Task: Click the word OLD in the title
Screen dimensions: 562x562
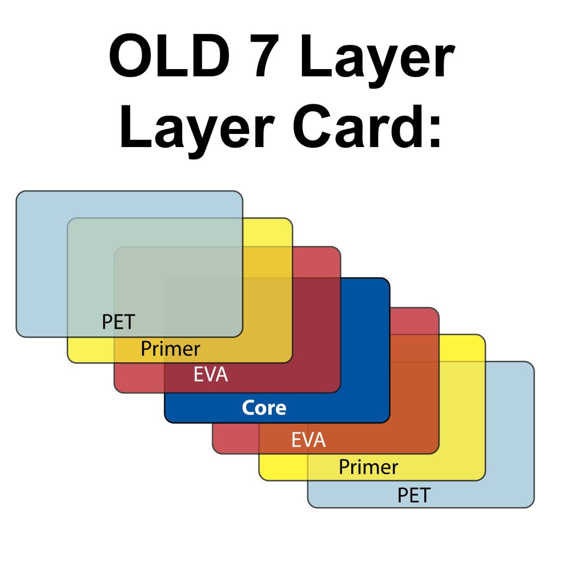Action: point(169,55)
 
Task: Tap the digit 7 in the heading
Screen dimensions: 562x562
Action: point(267,55)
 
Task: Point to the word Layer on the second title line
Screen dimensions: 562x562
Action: point(197,131)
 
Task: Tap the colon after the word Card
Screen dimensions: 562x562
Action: point(435,131)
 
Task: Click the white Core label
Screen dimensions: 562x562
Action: point(264,408)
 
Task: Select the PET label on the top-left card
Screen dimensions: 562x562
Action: point(119,322)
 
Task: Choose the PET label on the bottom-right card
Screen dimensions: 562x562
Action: point(414,496)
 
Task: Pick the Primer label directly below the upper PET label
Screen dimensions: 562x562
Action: point(170,349)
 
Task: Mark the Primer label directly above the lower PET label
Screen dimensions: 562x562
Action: point(368,467)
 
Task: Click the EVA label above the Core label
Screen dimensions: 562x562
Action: point(211,374)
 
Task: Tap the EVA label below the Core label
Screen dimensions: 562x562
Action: point(308,440)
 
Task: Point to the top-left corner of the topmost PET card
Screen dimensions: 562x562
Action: point(16,192)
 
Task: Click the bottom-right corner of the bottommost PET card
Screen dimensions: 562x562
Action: point(533,507)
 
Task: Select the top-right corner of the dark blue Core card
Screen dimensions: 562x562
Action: point(389,278)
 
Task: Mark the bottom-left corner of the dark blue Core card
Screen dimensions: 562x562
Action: point(165,422)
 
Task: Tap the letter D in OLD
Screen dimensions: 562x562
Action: point(210,55)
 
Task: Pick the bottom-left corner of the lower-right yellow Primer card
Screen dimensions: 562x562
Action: point(260,480)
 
